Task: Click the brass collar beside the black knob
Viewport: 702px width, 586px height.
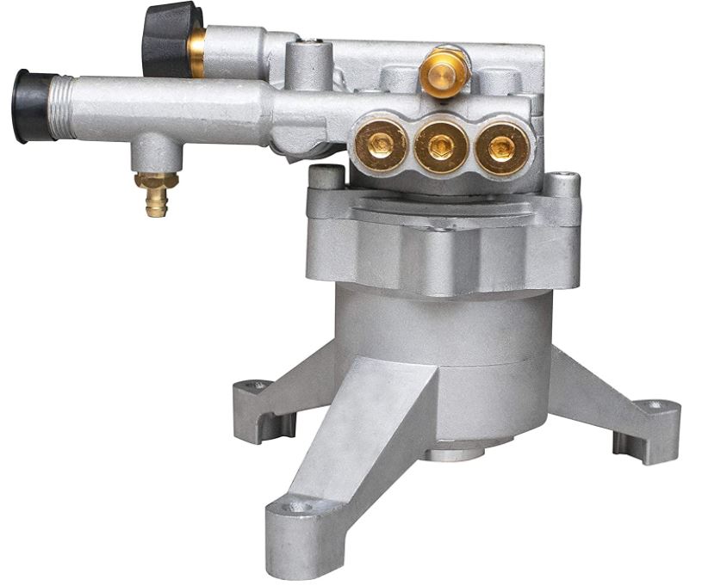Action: [197, 48]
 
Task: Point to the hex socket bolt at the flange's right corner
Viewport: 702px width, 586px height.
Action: [563, 182]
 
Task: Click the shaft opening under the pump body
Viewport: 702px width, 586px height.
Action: [457, 451]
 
